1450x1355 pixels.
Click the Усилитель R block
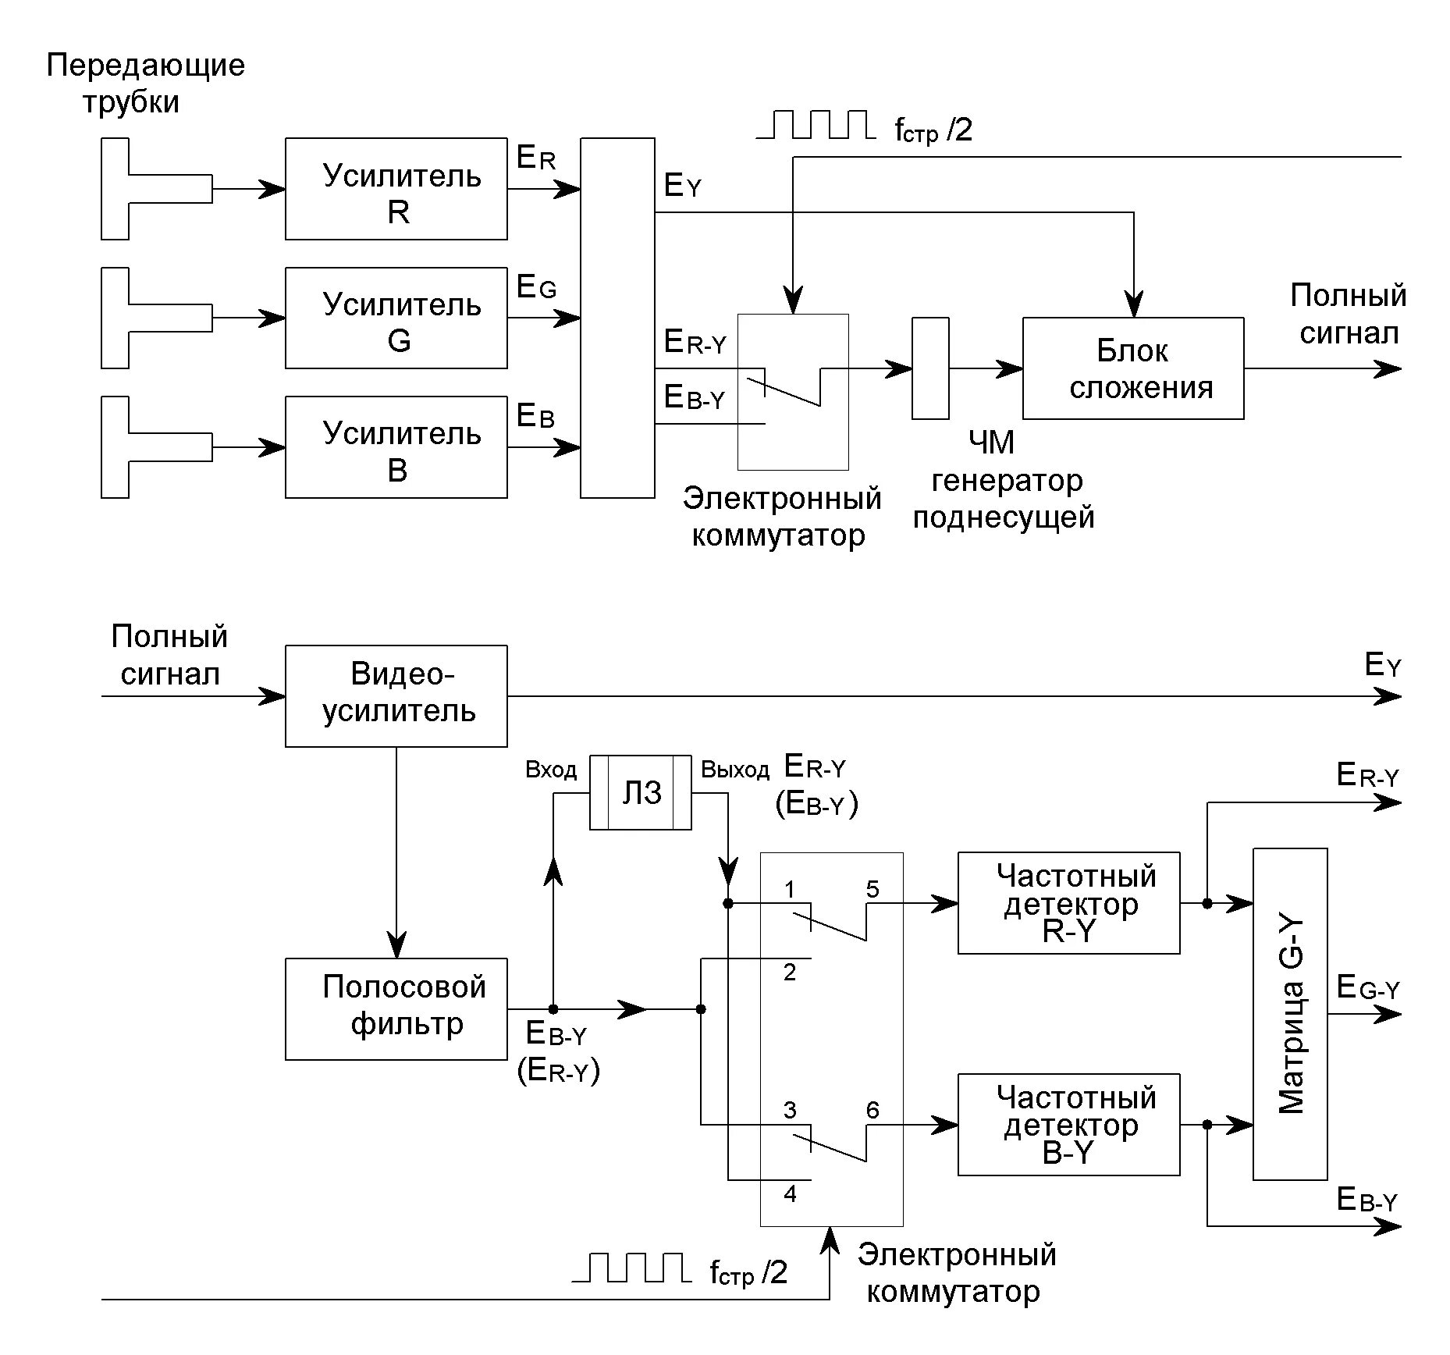pos(396,189)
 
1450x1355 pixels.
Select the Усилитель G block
pos(396,318)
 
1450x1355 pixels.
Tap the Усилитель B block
pos(396,447)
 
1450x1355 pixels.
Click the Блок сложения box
pos(1133,368)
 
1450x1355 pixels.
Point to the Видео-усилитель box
pos(396,696)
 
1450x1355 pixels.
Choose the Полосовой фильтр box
pos(396,1009)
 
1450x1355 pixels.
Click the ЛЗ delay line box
pos(640,792)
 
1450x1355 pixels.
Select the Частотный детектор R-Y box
pos(1068,903)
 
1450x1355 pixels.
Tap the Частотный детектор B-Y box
pos(1068,1125)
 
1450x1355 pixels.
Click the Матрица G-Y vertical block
pos(1290,1014)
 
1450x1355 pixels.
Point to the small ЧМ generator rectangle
pos(930,368)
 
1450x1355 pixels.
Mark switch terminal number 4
pos(790,1193)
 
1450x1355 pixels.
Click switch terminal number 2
pos(790,973)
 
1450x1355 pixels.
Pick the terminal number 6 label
pos(872,1110)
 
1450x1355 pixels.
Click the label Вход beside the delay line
pos(551,770)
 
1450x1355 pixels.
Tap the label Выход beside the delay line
pos(735,770)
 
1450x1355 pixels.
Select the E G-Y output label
pos(1368,988)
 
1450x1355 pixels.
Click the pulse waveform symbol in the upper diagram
pos(816,125)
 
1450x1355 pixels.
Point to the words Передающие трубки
pos(145,84)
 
